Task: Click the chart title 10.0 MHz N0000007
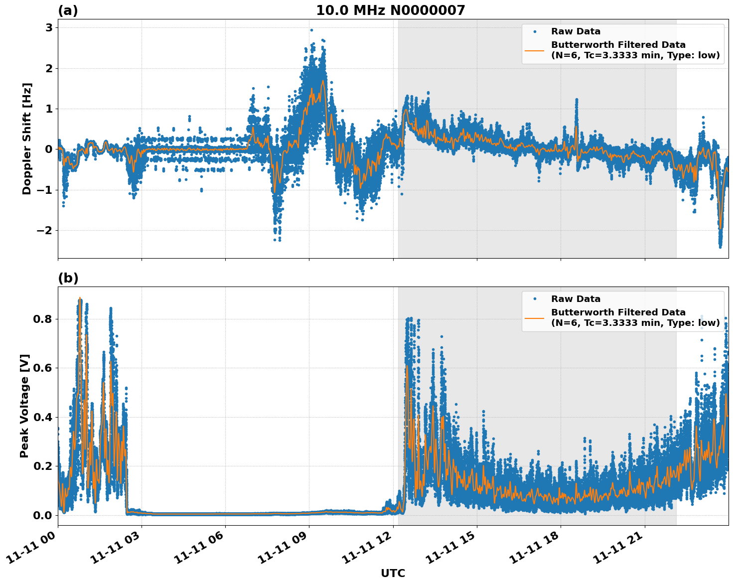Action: pos(390,10)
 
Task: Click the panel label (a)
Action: pos(68,10)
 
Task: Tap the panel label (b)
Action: pos(68,278)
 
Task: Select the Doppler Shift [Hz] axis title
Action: pos(27,139)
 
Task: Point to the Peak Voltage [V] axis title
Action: pos(25,406)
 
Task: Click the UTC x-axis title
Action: pos(393,574)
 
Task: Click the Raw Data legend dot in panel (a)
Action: pos(535,31)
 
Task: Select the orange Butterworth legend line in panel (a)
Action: pos(535,50)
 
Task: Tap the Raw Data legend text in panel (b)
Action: pos(576,299)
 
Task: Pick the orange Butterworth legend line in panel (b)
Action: pos(535,317)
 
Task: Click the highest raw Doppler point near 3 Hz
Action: pos(311,30)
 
